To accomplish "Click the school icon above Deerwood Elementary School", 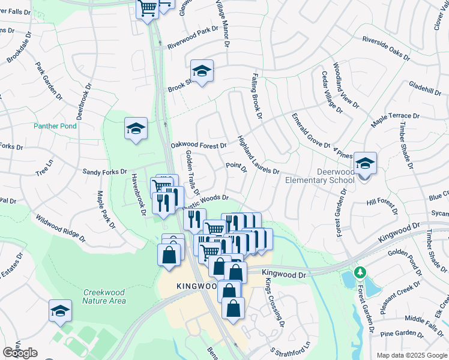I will pyautogui.click(x=364, y=163).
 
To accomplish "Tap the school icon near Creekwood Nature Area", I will pyautogui.click(x=60, y=310).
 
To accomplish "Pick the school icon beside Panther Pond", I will pyautogui.click(x=136, y=128).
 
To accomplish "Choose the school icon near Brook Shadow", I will pyautogui.click(x=202, y=71).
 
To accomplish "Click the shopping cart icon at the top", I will pyautogui.click(x=147, y=8).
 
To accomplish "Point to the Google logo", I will pyautogui.click(x=20, y=353).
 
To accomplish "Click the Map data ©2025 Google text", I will pyautogui.click(x=412, y=355).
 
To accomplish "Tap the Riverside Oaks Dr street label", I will pyautogui.click(x=385, y=49).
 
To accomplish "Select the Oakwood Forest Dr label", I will pyautogui.click(x=199, y=145).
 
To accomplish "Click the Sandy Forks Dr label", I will pyautogui.click(x=105, y=171).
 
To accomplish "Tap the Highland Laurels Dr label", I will pyautogui.click(x=258, y=155).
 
